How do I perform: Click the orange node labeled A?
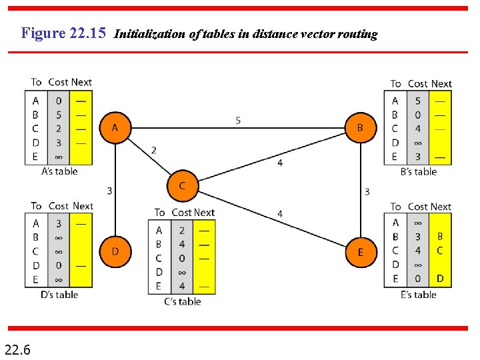click(x=115, y=127)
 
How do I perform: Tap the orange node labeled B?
click(x=361, y=127)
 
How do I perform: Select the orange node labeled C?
click(x=182, y=186)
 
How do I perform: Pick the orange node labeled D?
click(x=115, y=251)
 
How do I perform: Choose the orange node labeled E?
click(x=361, y=252)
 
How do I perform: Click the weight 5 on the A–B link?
click(x=239, y=121)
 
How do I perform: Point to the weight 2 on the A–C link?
click(x=154, y=150)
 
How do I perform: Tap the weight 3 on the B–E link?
click(x=367, y=191)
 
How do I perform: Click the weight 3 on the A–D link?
click(x=109, y=191)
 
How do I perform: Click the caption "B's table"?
click(x=418, y=171)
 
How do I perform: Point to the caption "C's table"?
click(x=182, y=301)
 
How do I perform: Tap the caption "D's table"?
click(x=59, y=295)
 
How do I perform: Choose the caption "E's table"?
click(x=418, y=295)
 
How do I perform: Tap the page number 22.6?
click(x=17, y=349)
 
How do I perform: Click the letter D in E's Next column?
click(x=440, y=279)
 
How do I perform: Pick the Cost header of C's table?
click(x=181, y=213)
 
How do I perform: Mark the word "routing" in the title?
click(x=358, y=34)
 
